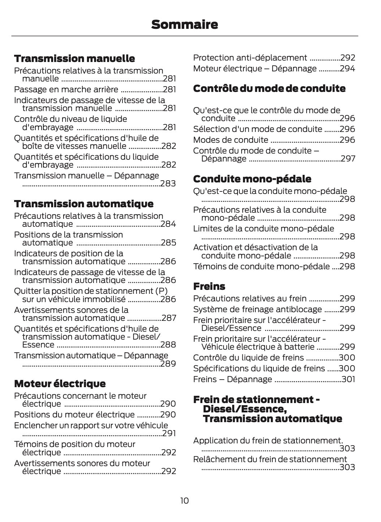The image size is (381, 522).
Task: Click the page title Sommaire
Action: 185,25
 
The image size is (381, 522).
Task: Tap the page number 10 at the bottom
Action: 184,500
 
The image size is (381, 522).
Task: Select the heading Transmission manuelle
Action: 74,58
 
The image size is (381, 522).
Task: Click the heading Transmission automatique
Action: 84,204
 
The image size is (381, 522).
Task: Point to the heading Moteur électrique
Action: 60,383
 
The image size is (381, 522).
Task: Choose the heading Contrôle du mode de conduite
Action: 269,88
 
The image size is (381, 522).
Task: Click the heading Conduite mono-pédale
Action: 252,179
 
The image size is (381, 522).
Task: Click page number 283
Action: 168,183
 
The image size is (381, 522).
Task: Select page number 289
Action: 168,363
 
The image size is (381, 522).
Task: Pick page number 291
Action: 169,433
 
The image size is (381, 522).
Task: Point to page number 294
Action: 347,68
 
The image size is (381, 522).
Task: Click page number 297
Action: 348,159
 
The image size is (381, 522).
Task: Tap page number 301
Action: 348,379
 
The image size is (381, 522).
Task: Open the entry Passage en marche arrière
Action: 66,89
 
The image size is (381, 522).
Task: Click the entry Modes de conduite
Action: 231,140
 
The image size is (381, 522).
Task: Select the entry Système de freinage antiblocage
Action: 257,309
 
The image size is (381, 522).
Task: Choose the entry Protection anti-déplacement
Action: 250,58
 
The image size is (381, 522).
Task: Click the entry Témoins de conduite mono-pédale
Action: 261,266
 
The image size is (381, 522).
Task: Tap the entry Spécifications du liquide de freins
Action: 259,368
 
